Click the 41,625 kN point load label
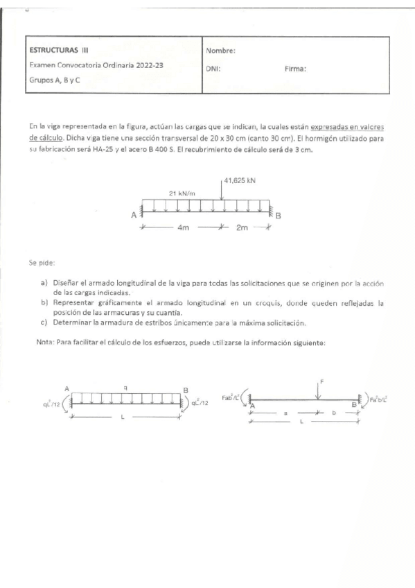coord(240,181)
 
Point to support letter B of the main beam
coord(279,216)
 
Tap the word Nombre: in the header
coord(221,51)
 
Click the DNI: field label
coord(213,69)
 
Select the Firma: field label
coord(296,69)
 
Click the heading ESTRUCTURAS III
coord(59,50)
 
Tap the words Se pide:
coord(42,263)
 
